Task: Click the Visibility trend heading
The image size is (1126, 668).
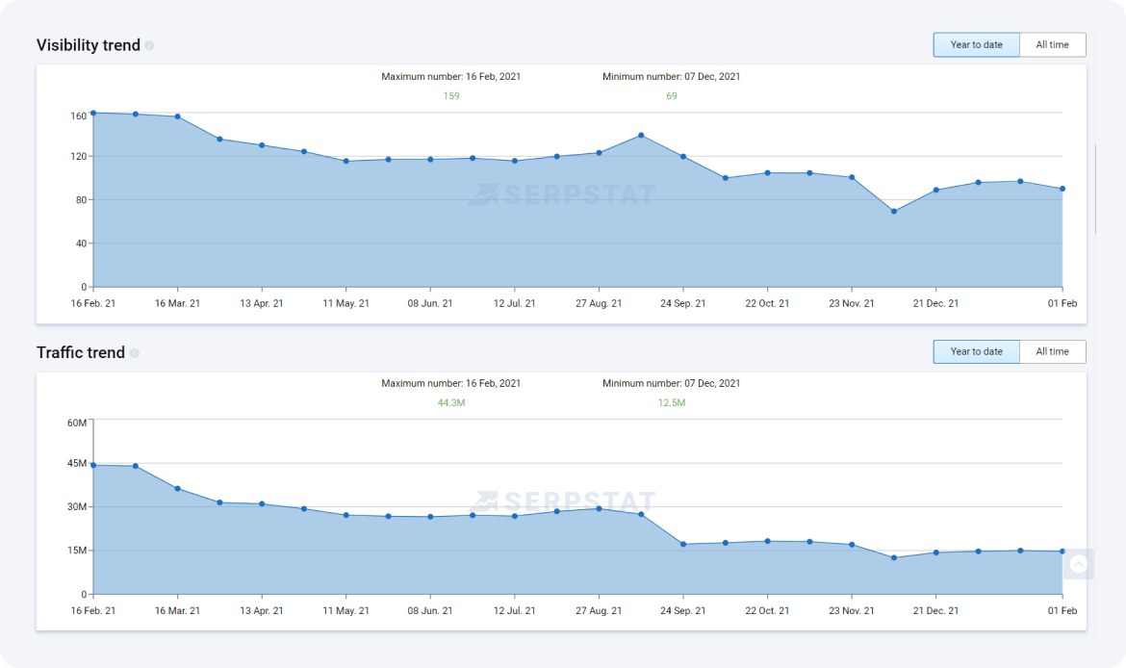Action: (89, 45)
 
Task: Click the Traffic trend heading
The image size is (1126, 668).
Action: (81, 352)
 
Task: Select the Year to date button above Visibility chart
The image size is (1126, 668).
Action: (976, 45)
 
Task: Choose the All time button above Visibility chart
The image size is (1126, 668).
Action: (1052, 45)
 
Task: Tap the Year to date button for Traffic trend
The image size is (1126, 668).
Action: (976, 352)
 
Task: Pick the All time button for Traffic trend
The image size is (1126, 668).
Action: (1052, 352)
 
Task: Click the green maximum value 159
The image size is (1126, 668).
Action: (451, 96)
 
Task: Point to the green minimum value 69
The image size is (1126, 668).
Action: (672, 96)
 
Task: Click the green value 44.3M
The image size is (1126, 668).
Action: (451, 403)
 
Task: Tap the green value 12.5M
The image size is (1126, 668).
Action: (672, 403)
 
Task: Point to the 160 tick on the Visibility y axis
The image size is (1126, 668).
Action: (78, 116)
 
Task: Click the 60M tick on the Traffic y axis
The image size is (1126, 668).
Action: (77, 423)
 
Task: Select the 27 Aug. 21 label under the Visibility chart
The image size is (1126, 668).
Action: (599, 303)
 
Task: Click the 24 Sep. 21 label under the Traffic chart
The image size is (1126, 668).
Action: (682, 610)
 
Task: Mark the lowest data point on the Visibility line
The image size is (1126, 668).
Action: (894, 211)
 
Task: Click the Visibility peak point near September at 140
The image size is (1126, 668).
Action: (641, 136)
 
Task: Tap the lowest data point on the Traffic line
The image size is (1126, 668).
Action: (894, 557)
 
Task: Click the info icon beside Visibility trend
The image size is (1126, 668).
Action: (149, 46)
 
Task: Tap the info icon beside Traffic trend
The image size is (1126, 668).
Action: (134, 353)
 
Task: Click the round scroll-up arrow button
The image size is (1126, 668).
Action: (1078, 565)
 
